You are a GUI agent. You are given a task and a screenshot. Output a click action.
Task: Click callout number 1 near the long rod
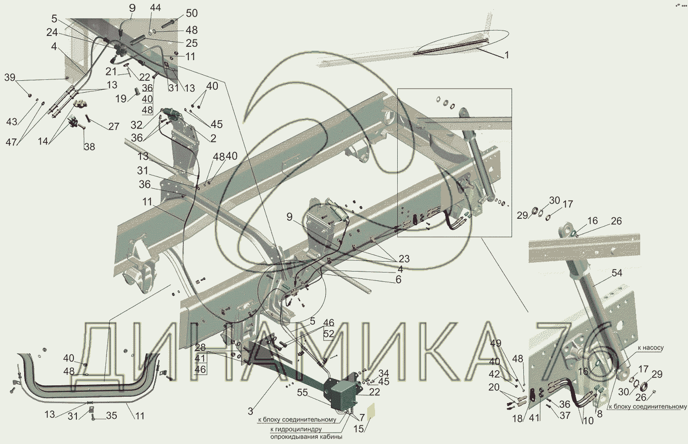507,55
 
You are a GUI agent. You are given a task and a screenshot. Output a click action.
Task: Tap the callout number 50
192,13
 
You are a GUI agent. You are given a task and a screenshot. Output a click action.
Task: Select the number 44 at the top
155,8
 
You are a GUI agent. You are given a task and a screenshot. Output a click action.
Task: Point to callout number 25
192,43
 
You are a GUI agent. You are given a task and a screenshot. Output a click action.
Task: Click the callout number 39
10,77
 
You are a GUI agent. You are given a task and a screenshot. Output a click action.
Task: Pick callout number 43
12,122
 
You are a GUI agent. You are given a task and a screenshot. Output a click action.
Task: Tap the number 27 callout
114,126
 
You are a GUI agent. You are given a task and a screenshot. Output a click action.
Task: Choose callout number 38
89,147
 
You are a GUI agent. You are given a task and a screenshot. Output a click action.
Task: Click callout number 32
137,125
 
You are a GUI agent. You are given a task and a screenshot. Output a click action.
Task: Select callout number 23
404,259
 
